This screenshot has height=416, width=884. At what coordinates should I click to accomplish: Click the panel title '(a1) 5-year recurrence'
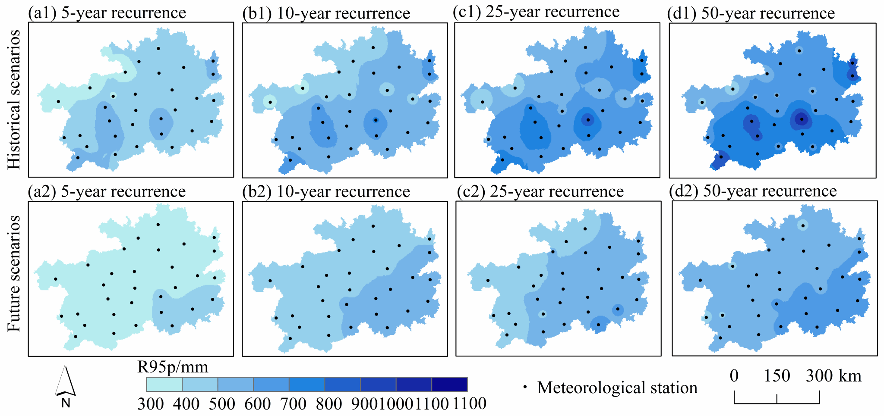click(x=107, y=13)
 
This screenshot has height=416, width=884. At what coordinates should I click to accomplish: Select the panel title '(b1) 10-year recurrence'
click(x=326, y=13)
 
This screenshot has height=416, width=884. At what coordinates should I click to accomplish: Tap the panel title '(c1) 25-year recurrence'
click(x=536, y=12)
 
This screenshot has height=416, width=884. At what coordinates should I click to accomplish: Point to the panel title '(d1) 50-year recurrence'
click(x=751, y=13)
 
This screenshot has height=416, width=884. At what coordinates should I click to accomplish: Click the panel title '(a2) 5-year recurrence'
click(x=107, y=191)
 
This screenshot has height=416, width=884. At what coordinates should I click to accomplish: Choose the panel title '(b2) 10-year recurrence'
click(x=326, y=192)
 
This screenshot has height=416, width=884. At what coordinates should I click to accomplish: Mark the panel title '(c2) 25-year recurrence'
click(x=540, y=191)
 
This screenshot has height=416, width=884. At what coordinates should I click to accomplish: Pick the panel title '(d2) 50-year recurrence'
click(x=753, y=191)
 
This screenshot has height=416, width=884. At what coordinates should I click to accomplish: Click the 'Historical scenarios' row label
click(x=14, y=99)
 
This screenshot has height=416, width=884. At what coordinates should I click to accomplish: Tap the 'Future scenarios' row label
click(x=14, y=273)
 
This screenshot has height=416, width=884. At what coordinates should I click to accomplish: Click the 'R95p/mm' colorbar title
click(x=173, y=367)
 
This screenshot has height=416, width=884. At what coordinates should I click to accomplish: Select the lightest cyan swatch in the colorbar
click(x=164, y=384)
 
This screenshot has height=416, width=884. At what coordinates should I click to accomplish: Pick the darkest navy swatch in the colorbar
click(x=449, y=384)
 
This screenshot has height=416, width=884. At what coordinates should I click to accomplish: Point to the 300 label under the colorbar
click(x=150, y=404)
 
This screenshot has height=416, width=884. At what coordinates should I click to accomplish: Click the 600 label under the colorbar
click(x=257, y=404)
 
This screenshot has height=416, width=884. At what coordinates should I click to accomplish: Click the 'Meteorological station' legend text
click(x=617, y=388)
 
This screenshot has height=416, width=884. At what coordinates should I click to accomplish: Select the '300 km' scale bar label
click(x=833, y=376)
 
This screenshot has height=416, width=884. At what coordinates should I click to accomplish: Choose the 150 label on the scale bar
click(x=777, y=376)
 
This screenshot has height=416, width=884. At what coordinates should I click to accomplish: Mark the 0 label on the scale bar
click(x=734, y=376)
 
